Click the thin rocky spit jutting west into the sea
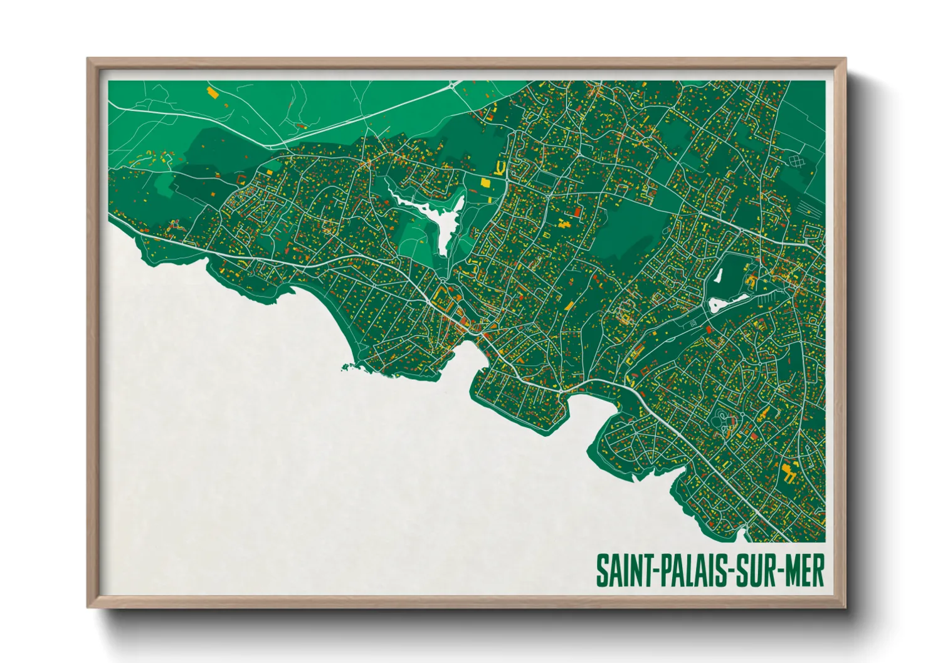pos(348,367)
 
